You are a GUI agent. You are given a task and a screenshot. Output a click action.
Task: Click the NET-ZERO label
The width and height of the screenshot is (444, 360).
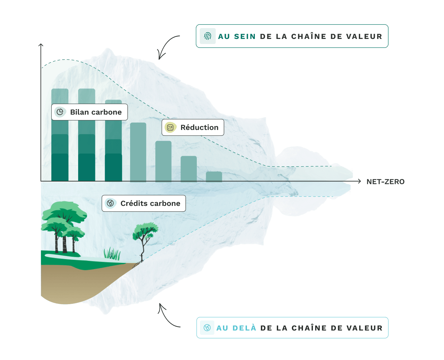point(385,182)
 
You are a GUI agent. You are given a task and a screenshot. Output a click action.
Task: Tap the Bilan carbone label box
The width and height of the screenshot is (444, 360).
point(90,112)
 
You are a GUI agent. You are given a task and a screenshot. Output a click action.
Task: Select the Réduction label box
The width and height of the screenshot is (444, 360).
point(193,127)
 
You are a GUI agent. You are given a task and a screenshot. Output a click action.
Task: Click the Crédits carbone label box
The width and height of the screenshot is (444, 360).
point(144,203)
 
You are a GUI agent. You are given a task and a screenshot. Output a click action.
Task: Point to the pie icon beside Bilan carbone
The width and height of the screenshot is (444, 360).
point(60,112)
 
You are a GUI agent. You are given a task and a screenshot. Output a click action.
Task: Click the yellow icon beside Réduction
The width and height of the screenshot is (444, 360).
point(170,127)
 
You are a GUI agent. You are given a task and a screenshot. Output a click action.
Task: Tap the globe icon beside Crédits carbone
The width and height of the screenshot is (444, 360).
point(110,203)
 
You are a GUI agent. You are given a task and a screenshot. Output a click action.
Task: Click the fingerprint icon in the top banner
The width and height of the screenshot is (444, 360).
point(208,36)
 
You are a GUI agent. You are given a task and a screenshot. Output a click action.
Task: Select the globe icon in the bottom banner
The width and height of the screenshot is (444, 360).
point(207,328)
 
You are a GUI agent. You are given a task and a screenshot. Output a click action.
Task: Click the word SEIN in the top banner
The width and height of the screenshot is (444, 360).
point(245,36)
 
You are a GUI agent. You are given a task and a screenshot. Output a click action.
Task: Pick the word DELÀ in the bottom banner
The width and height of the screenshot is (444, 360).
point(244,328)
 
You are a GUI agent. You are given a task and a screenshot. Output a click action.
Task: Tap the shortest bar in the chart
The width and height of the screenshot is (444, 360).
point(214,176)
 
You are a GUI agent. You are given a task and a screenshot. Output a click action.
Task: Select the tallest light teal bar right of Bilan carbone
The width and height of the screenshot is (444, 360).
point(138,152)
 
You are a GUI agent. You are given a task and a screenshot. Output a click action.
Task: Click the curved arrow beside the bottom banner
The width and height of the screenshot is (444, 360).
point(167,316)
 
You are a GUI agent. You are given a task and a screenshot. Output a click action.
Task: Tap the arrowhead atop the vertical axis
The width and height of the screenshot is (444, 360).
point(41,45)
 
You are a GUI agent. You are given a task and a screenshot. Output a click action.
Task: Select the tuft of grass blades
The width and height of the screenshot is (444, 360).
point(112,253)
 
